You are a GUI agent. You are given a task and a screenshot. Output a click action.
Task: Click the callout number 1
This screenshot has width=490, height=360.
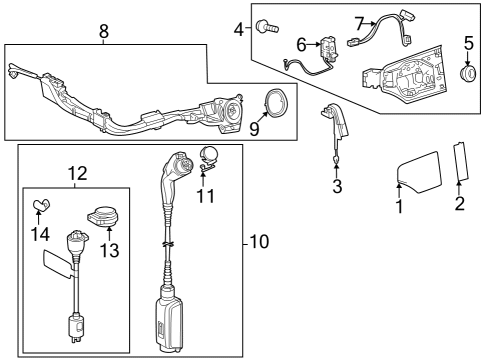tap(399, 207)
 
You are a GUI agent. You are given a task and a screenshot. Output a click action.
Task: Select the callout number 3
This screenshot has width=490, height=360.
tap(337, 187)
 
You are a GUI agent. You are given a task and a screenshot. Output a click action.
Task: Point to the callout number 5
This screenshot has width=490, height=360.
tap(467, 44)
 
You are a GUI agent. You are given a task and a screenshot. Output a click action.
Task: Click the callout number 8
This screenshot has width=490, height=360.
tap(102, 33)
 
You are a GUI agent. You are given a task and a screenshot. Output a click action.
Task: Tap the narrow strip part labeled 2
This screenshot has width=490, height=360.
tap(460, 163)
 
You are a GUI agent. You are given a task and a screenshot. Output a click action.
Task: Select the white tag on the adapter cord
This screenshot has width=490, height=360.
tap(57, 263)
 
